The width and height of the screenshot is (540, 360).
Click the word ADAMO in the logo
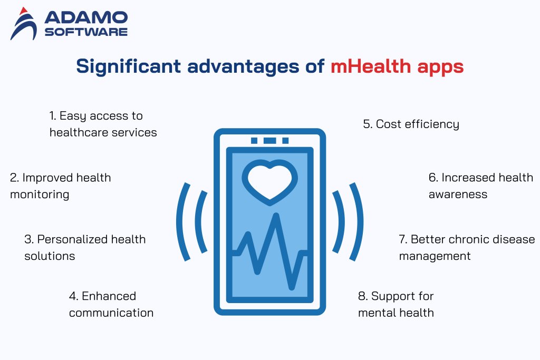(x=86, y=18)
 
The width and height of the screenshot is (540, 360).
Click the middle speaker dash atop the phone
(x=269, y=141)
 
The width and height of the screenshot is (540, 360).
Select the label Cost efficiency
(x=411, y=124)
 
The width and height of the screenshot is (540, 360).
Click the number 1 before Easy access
(x=52, y=115)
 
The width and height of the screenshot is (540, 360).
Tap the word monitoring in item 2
(x=40, y=194)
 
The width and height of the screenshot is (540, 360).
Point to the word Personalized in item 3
(x=71, y=239)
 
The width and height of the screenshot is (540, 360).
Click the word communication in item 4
(x=111, y=313)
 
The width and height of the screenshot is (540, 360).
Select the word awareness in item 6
(x=458, y=194)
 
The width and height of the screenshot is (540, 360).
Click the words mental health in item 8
(x=396, y=313)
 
